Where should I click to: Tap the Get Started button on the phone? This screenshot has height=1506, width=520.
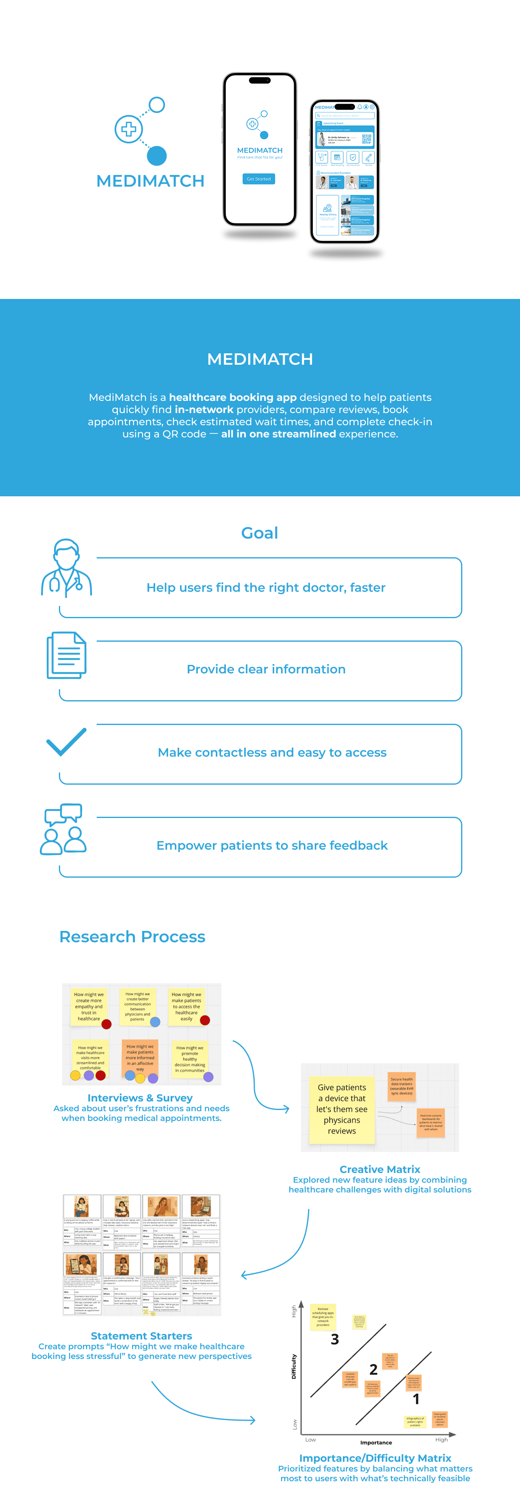[258, 179]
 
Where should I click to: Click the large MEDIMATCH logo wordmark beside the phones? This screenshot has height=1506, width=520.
[150, 181]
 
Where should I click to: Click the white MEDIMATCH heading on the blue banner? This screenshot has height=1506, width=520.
[260, 359]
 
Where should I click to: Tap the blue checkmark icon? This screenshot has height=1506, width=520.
[66, 742]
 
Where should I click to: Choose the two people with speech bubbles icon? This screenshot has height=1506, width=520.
[63, 829]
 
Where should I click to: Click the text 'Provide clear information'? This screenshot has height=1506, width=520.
[266, 669]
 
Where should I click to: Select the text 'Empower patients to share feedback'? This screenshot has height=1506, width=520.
[272, 845]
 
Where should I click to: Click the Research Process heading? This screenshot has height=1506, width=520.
[132, 937]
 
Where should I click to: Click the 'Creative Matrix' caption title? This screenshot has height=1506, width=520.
[379, 1169]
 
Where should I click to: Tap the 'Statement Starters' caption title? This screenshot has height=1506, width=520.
[141, 1336]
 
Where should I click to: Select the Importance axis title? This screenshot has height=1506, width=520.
[376, 1442]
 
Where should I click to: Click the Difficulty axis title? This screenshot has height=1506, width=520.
[294, 1367]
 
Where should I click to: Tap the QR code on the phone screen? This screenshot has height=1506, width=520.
[366, 139]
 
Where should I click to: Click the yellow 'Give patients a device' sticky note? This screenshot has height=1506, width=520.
[342, 1109]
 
